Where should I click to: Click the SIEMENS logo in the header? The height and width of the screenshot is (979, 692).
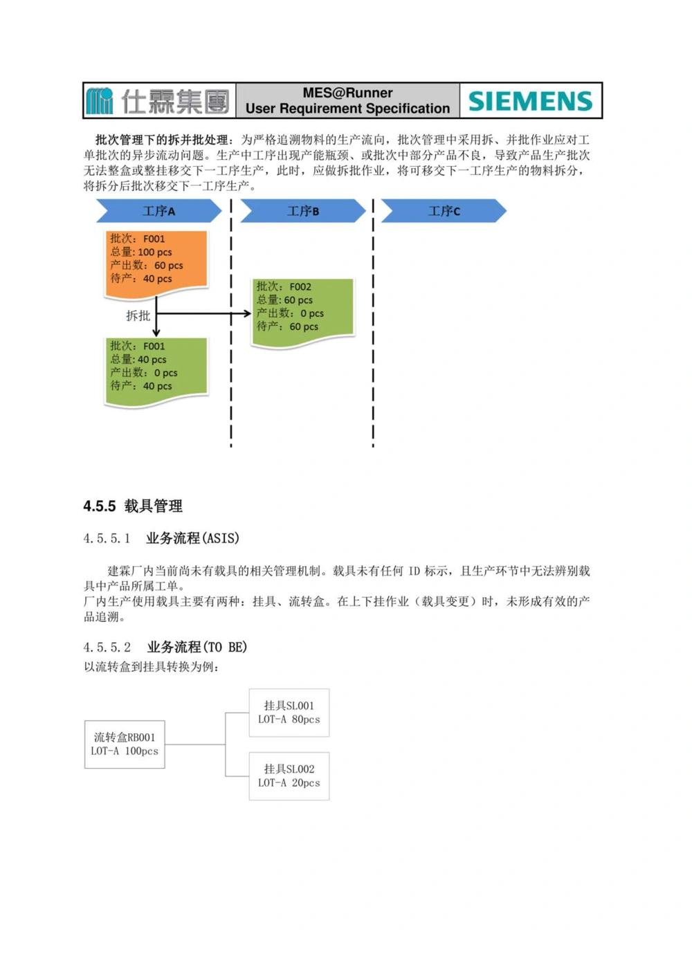[x=530, y=101]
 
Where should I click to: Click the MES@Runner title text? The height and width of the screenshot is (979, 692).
[x=347, y=93]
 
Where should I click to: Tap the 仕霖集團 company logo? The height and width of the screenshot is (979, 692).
[x=158, y=101]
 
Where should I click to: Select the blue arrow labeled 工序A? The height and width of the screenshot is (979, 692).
[x=158, y=211]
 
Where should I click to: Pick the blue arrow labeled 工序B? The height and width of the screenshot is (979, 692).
[x=302, y=211]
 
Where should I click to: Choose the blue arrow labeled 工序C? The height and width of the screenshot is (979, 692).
[x=444, y=211]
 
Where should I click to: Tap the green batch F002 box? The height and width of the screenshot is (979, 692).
[x=303, y=311]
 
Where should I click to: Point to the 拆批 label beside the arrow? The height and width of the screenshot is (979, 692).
[x=138, y=315]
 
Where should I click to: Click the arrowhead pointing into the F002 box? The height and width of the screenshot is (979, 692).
[x=247, y=313]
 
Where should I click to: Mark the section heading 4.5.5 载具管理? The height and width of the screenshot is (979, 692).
[x=133, y=506]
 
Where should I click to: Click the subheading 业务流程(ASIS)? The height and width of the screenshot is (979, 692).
[x=192, y=538]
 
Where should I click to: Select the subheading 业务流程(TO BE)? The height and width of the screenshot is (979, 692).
[x=197, y=647]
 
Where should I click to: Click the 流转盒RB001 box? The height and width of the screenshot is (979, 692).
[x=125, y=744]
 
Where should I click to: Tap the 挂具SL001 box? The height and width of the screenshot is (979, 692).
[x=289, y=713]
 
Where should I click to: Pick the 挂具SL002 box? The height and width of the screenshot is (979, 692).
[x=289, y=776]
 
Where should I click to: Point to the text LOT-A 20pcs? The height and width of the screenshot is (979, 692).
[x=289, y=783]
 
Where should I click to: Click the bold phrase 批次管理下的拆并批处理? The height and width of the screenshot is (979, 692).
[x=162, y=140]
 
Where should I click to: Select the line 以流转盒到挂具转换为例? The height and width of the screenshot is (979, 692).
[x=152, y=667]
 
